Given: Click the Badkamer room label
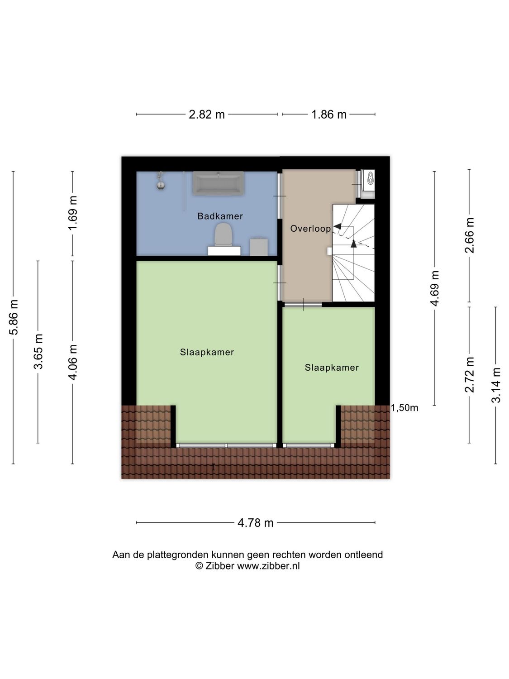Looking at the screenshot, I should pyautogui.click(x=220, y=216).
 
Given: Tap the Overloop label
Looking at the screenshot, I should pyautogui.click(x=310, y=229).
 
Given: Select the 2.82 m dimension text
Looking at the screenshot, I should pyautogui.click(x=207, y=115).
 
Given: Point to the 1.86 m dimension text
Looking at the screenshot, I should pyautogui.click(x=329, y=115).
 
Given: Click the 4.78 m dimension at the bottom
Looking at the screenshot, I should pyautogui.click(x=256, y=523).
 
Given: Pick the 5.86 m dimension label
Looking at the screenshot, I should pyautogui.click(x=14, y=317).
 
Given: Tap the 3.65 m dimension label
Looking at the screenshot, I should pyautogui.click(x=38, y=351).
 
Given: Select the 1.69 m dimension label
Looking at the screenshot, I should pyautogui.click(x=73, y=213).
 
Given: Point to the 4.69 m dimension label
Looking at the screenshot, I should pyautogui.click(x=435, y=288).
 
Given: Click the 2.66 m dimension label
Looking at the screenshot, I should pyautogui.click(x=470, y=235).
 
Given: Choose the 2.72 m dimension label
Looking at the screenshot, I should pyautogui.click(x=470, y=375).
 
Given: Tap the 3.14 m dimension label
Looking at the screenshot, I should pyautogui.click(x=496, y=385).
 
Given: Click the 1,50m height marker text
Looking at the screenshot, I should pyautogui.click(x=404, y=408).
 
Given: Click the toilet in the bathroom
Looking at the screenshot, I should pyautogui.click(x=223, y=234).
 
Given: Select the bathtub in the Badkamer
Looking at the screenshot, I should pyautogui.click(x=219, y=183).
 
